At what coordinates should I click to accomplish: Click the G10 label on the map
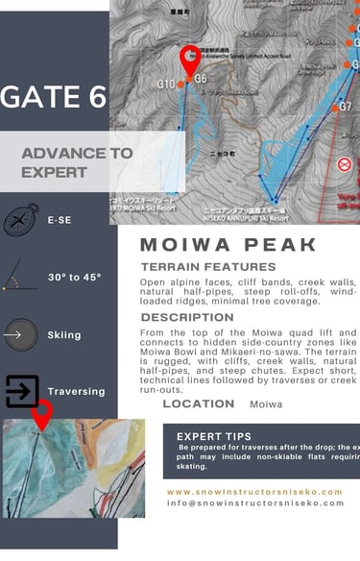166,84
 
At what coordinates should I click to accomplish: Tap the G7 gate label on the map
345,107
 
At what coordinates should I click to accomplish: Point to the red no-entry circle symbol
345,164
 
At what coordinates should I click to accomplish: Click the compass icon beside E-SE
21,219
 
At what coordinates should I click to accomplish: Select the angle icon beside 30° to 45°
21,277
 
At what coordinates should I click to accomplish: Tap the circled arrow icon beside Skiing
20,335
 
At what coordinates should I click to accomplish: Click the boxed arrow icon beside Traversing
22,392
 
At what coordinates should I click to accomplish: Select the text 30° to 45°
74,278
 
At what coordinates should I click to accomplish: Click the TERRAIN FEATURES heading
207,266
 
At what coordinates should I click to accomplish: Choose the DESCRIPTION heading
186,317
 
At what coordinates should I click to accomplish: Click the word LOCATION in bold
199,403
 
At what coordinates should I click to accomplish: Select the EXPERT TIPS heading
214,436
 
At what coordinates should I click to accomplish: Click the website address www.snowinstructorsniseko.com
254,491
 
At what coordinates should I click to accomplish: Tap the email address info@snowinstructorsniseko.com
254,502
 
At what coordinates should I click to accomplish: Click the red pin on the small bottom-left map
42,414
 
